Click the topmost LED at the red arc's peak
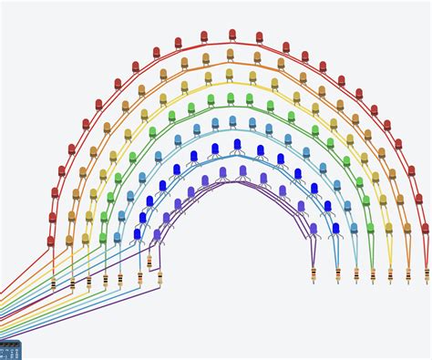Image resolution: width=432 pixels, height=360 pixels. [x=232, y=34]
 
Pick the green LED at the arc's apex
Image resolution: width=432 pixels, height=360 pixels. [x=231, y=98]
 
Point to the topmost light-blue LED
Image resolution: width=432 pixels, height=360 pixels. [x=232, y=120]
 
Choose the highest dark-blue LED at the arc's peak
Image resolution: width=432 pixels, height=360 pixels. [x=237, y=144]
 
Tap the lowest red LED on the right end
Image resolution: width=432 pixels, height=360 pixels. [x=425, y=229]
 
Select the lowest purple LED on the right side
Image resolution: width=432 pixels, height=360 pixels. [x=314, y=229]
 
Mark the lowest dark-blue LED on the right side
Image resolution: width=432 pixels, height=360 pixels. [x=335, y=229]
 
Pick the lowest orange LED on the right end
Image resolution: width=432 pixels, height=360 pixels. [x=407, y=229]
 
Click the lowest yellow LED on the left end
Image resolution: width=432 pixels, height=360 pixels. [x=86, y=239]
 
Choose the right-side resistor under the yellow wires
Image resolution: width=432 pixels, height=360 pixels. [x=390, y=274]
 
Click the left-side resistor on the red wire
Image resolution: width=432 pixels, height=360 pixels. [x=53, y=283]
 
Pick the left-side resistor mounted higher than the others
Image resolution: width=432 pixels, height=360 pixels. [x=149, y=262]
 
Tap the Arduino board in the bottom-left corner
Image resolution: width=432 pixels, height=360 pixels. [x=9, y=351]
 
